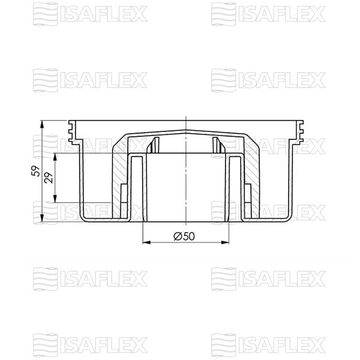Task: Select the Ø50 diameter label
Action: click(184, 236)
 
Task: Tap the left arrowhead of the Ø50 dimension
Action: click(146, 243)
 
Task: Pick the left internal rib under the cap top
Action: click(155, 145)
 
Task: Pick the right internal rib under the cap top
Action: click(216, 145)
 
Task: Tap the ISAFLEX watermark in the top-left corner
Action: click(90, 13)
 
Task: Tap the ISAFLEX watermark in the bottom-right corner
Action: click(268, 344)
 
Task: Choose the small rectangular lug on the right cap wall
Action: click(247, 195)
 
